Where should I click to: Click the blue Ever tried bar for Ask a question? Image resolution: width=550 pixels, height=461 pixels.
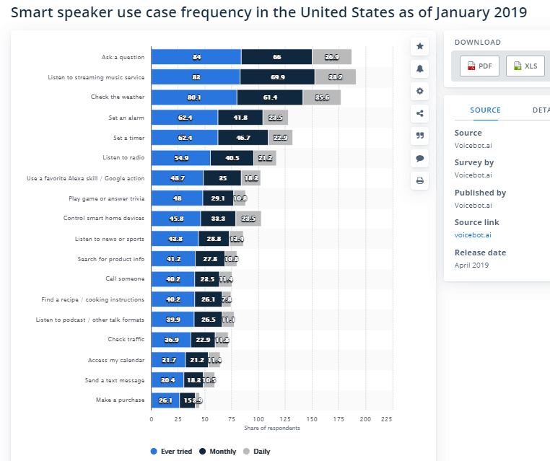(x=196, y=57)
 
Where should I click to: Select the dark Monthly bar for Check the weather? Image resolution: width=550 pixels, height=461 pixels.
(x=270, y=97)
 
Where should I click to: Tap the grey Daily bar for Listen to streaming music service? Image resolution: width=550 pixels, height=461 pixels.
(x=335, y=77)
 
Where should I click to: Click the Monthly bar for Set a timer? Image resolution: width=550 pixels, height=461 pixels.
(x=243, y=138)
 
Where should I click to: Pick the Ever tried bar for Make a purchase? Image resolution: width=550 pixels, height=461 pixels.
(x=165, y=400)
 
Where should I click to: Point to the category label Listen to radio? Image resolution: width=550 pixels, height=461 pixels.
(x=123, y=157)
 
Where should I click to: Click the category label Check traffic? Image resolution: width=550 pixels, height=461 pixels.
(x=126, y=340)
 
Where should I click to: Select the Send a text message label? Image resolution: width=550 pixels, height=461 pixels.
(x=115, y=380)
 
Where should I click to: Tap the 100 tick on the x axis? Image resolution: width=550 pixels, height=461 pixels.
(x=258, y=418)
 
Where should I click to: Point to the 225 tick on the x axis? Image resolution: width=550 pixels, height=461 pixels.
(x=387, y=418)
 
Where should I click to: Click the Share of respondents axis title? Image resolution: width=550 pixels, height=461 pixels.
(x=271, y=429)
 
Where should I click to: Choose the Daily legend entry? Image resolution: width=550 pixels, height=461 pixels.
(x=258, y=452)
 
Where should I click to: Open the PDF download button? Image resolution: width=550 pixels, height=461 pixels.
(x=479, y=66)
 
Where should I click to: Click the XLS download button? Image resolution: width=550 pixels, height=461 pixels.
(x=525, y=66)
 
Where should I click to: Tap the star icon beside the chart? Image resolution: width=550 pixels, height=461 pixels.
(x=419, y=46)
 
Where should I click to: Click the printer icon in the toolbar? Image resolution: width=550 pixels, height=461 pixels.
(x=419, y=180)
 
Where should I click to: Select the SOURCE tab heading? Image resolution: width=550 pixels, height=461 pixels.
(x=485, y=110)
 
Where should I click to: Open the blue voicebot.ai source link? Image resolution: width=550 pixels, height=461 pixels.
(x=473, y=235)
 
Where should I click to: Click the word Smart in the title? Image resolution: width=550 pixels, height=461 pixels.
(x=34, y=14)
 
